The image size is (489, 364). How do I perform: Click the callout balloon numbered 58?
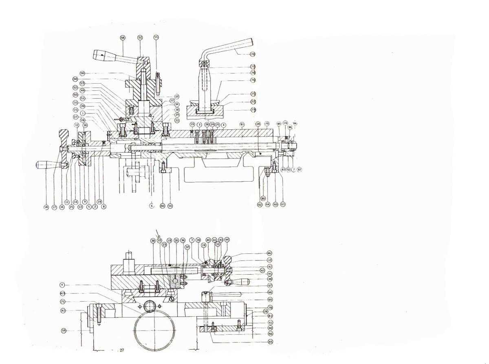[x=123, y=37]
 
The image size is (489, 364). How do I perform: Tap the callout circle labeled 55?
[x=156, y=37]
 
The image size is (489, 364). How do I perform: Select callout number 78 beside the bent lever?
[x=252, y=54]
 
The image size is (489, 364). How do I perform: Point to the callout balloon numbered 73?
[x=253, y=110]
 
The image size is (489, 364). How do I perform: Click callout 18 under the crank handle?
[x=46, y=207]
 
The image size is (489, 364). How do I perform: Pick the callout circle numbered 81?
[x=242, y=124]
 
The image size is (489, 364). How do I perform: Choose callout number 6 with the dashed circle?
[x=152, y=206]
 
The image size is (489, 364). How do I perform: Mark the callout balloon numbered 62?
[x=260, y=204]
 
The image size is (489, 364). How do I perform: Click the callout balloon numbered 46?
[x=269, y=253]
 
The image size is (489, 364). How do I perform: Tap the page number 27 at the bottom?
[x=122, y=351]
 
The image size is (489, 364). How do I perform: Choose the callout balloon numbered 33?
[x=176, y=97]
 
